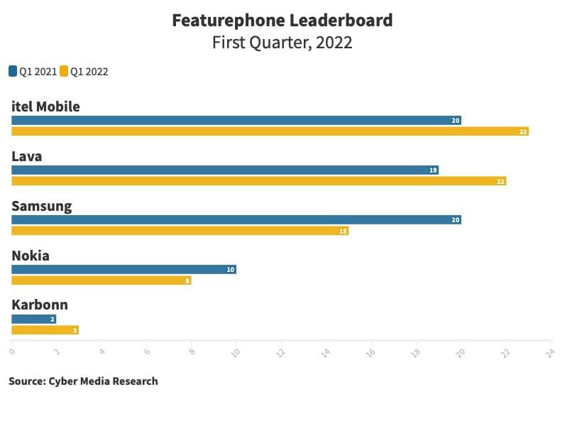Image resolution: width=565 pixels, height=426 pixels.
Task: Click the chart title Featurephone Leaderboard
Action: (x=282, y=20)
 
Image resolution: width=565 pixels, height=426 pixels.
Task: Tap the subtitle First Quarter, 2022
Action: (x=282, y=43)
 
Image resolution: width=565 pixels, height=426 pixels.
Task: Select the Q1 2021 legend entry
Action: (x=33, y=71)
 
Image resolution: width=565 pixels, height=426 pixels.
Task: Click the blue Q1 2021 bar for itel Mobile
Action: (x=236, y=121)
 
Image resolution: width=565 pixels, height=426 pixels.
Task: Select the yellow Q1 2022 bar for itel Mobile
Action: (x=270, y=131)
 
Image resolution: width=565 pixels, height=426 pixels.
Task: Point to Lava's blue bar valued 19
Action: (x=225, y=170)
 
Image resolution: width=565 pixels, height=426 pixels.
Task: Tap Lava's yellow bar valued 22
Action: (x=258, y=181)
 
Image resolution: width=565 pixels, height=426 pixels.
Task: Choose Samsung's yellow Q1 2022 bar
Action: (x=180, y=231)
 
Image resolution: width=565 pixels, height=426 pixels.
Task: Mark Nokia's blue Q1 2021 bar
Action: (x=124, y=270)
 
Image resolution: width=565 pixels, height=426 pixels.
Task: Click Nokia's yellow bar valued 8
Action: (x=102, y=280)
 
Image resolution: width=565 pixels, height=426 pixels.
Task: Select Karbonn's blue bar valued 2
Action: (x=33, y=319)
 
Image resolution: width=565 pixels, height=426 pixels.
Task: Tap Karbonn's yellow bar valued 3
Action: (x=45, y=330)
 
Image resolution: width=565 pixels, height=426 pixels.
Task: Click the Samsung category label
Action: (x=42, y=206)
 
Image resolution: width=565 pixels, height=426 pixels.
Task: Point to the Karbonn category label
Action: (x=40, y=305)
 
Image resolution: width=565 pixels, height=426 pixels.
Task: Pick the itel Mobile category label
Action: (x=45, y=106)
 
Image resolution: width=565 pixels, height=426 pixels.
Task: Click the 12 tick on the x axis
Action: (x=281, y=351)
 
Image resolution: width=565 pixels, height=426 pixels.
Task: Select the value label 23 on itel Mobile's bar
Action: (x=523, y=131)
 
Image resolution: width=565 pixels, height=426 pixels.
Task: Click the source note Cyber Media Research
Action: (x=83, y=381)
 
